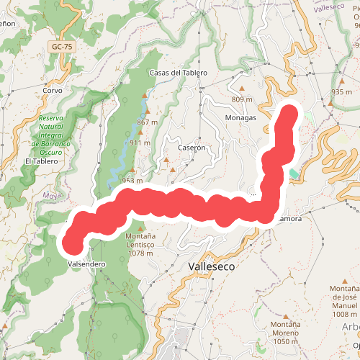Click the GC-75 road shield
(63, 47)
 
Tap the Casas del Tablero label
(178, 73)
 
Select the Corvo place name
(53, 91)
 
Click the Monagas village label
(240, 118)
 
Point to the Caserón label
(192, 147)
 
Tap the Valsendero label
(86, 264)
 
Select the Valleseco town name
(212, 266)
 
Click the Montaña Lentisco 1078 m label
(140, 245)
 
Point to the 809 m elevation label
(243, 99)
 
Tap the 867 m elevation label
(147, 122)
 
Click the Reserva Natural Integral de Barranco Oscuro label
(54, 135)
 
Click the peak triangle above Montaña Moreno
(285, 315)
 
